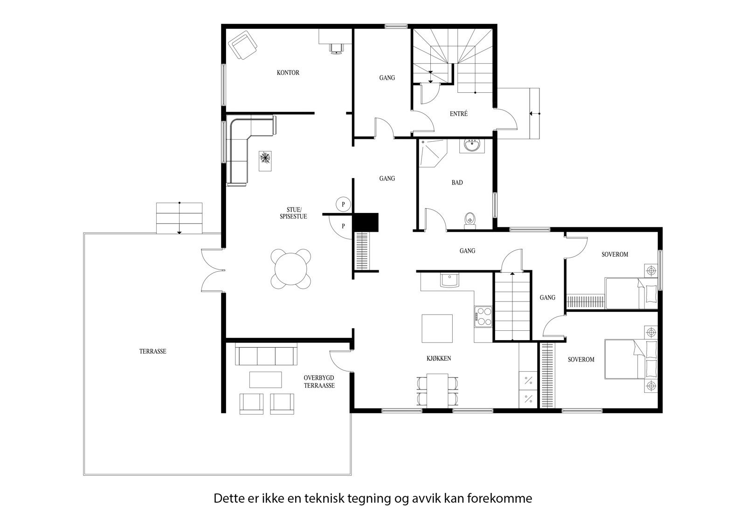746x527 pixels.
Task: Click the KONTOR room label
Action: click(x=288, y=73)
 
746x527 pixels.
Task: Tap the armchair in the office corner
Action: click(x=242, y=45)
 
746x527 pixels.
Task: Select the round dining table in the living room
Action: click(x=291, y=270)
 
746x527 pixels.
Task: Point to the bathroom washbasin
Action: click(x=473, y=145)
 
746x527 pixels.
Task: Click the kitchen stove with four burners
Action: click(x=483, y=315)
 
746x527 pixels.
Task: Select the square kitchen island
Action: click(x=437, y=329)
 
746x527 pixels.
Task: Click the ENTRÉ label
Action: click(x=458, y=114)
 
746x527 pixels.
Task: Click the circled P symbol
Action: click(x=343, y=204)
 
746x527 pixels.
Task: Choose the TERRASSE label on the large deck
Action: click(x=152, y=352)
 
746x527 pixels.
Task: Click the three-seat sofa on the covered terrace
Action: click(x=266, y=356)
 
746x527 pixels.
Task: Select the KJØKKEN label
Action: click(x=438, y=358)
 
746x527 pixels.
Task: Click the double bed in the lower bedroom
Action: click(x=631, y=359)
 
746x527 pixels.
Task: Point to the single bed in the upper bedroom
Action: click(x=631, y=293)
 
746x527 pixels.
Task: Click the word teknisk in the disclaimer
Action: click(x=324, y=499)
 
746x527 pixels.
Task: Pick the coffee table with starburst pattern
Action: click(x=265, y=161)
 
